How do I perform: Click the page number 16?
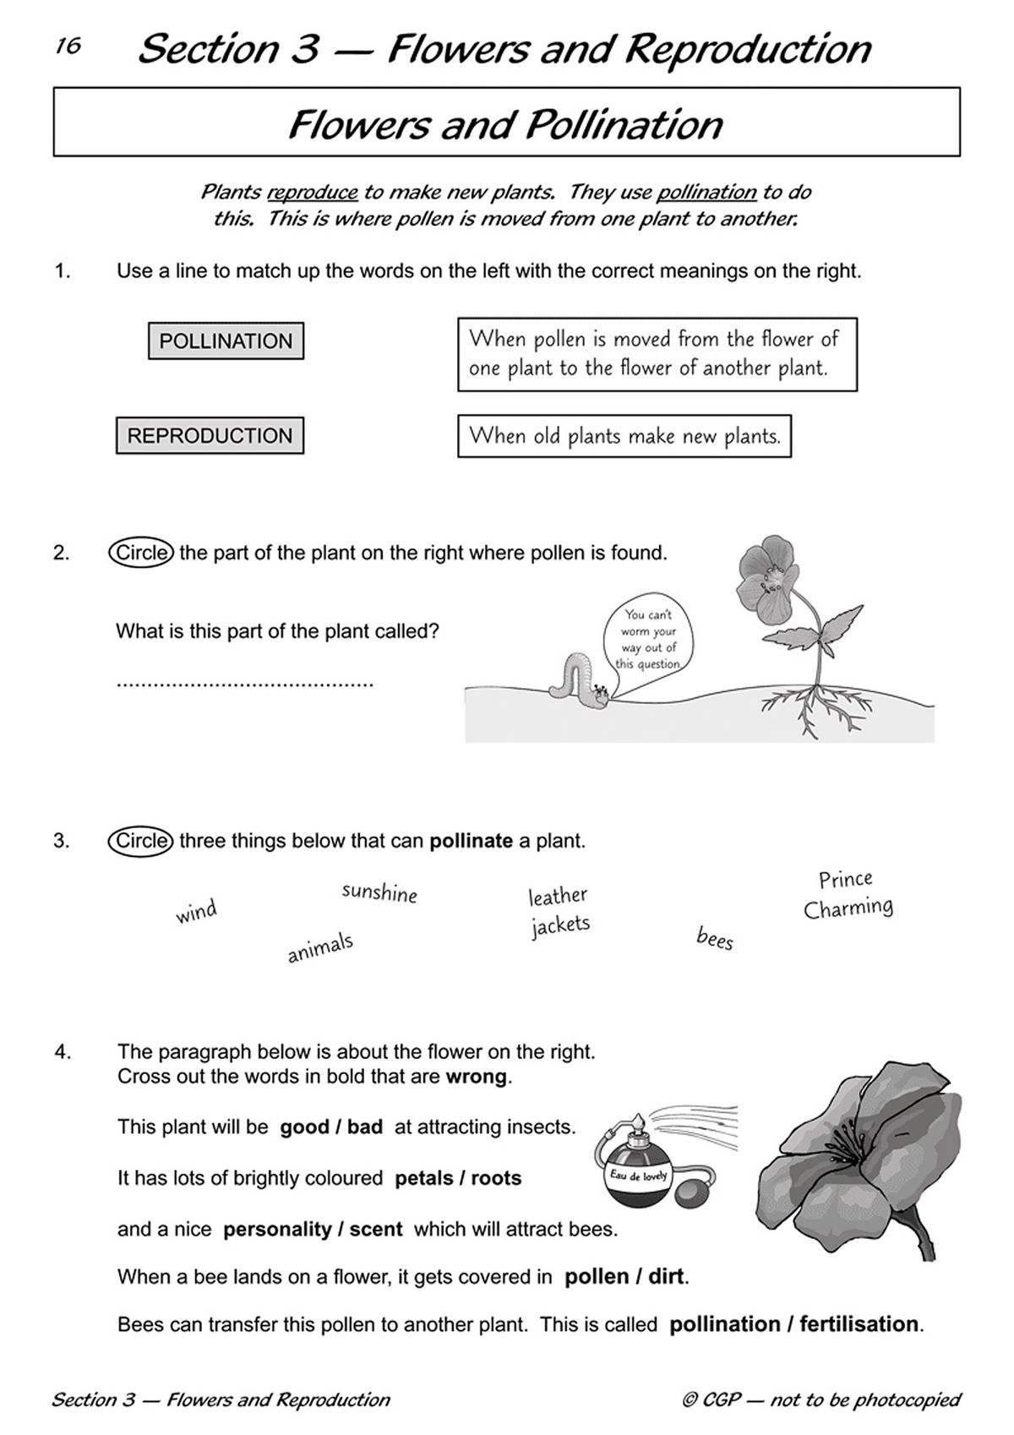68,46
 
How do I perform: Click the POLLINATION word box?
226,341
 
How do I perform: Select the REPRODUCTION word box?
210,436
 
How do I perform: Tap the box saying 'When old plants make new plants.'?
624,436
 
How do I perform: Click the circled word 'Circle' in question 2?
141,553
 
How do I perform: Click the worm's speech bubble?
648,640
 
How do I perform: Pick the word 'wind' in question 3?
196,912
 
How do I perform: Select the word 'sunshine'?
379,892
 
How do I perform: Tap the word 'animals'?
320,947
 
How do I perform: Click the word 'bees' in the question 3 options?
715,938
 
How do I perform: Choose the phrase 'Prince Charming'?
848,894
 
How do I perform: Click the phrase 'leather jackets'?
559,910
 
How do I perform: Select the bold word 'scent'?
375,1229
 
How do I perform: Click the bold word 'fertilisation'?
859,1324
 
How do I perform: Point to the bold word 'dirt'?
667,1276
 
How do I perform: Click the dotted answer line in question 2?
244,683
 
